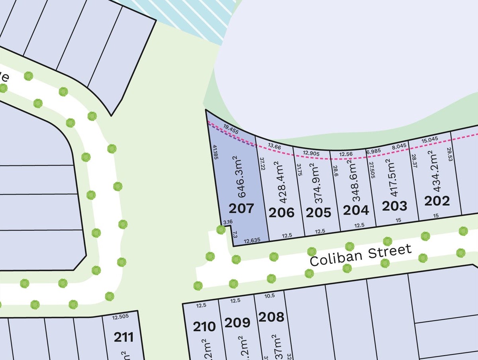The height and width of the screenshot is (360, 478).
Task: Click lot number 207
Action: click(241, 208)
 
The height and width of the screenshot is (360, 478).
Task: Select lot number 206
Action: click(282, 212)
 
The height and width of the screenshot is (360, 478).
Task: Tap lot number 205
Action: click(318, 213)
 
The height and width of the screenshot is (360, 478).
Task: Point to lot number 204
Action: click(356, 210)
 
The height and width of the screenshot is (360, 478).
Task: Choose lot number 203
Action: click(395, 206)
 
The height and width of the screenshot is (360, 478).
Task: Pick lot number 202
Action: click(437, 201)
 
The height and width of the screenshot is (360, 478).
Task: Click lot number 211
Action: click(123, 337)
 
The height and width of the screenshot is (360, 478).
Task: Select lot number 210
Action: click(204, 327)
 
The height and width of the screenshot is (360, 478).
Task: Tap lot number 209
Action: click(237, 322)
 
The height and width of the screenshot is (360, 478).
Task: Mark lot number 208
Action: click(271, 317)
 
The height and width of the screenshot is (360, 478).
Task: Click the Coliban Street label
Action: click(360, 256)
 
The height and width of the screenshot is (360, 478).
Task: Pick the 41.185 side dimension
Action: click(215, 153)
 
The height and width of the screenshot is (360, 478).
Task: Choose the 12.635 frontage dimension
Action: click(252, 241)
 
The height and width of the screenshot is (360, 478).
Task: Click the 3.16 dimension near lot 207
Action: click(228, 222)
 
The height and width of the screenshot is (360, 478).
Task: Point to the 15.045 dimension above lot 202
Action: click(430, 139)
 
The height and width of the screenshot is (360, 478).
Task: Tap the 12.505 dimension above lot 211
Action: click(120, 317)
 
